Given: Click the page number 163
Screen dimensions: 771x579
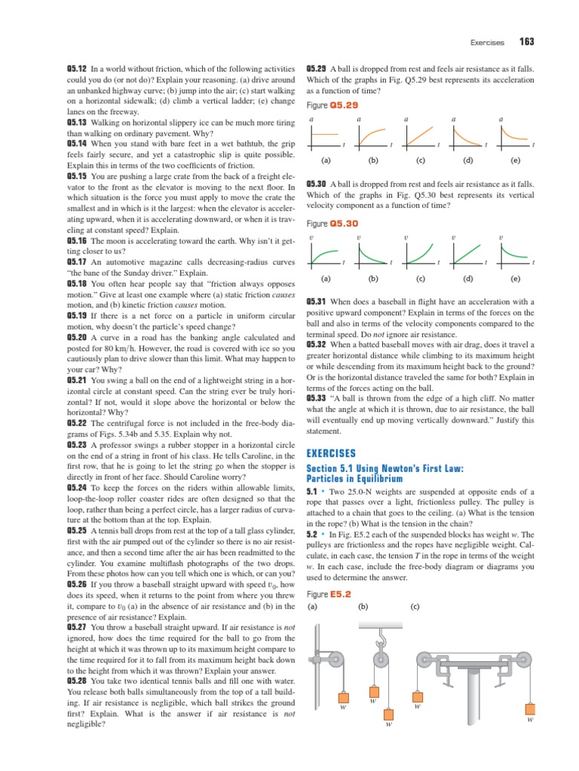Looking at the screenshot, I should [x=525, y=41].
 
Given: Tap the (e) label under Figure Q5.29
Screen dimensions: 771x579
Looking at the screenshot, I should [x=515, y=160].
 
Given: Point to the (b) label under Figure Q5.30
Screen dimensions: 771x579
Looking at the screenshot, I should [x=372, y=278].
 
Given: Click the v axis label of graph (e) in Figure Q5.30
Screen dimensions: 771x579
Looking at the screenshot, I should [x=501, y=238].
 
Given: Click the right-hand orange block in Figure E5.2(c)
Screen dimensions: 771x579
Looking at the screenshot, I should [x=531, y=708].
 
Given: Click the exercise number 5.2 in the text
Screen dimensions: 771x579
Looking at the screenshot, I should [x=313, y=534].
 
